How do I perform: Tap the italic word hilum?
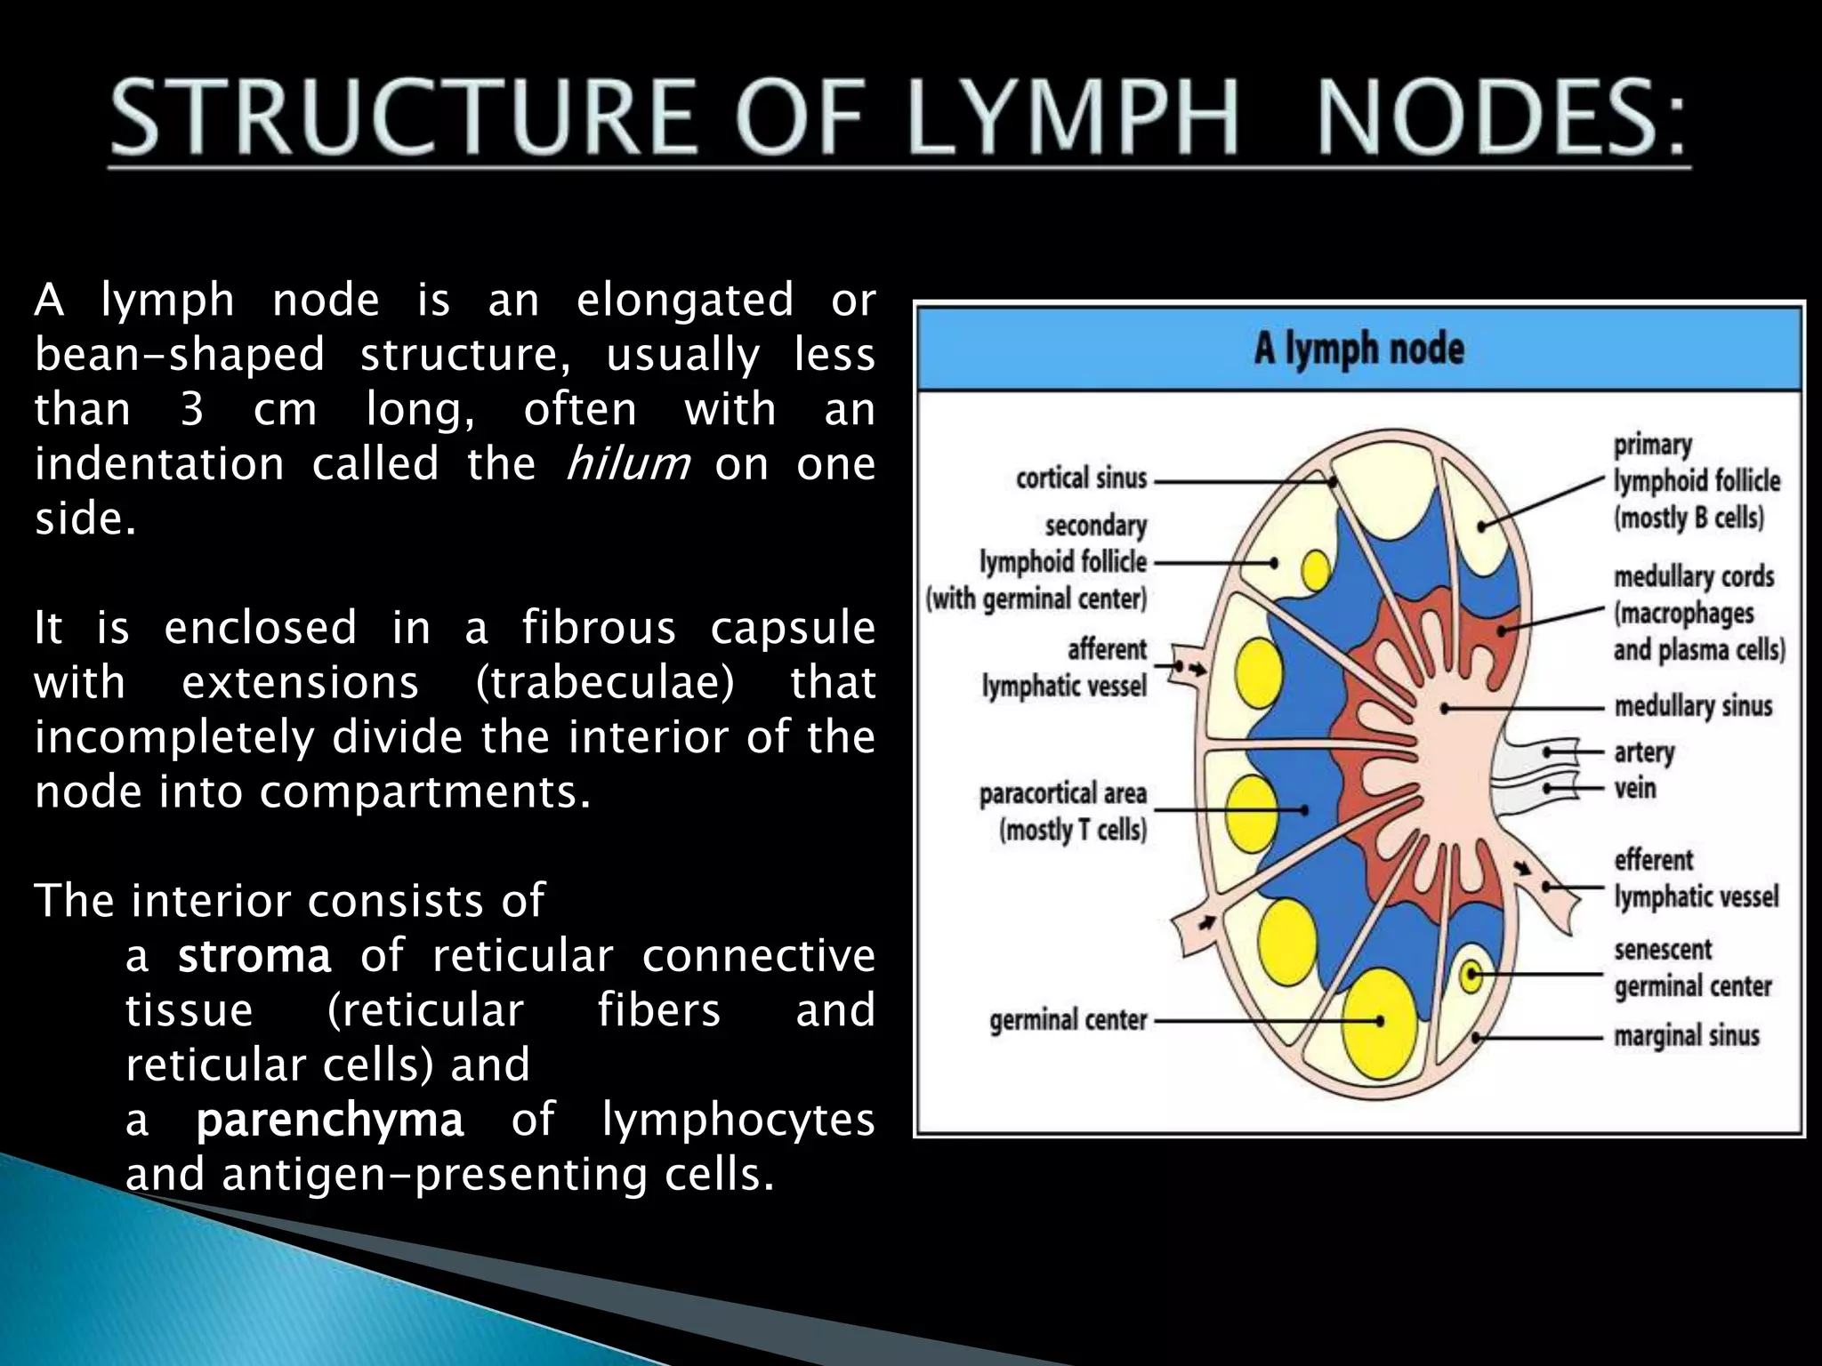tap(628, 463)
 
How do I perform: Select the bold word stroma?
tap(254, 956)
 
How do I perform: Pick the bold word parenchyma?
tap(329, 1120)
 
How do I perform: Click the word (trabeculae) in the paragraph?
tap(605, 683)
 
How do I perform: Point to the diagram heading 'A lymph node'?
tap(1358, 349)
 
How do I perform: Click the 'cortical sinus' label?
tap(1081, 478)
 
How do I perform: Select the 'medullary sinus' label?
tap(1693, 706)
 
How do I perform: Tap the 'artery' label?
tap(1644, 752)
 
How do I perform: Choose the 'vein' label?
tap(1635, 788)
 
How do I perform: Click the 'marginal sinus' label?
tap(1687, 1036)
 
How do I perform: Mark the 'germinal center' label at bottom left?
tap(1068, 1020)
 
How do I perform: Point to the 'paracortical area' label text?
tap(1063, 793)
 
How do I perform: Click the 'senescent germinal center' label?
tap(1692, 968)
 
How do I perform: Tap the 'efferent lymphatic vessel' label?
tap(1696, 879)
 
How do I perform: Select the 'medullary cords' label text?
tap(1694, 577)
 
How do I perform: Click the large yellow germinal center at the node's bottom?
tap(1378, 1021)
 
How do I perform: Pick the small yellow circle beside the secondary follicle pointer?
tap(1316, 570)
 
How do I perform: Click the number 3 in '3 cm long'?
tap(192, 409)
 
